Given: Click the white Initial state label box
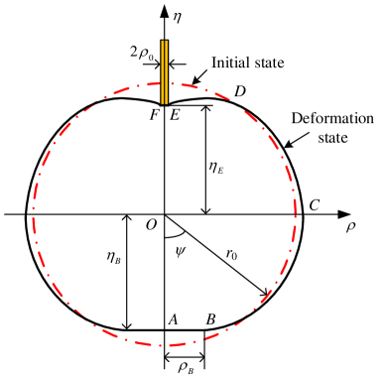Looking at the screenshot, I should pos(248,63).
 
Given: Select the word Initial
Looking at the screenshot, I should pos(230,63).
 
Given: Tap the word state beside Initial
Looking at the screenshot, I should pos(268,63).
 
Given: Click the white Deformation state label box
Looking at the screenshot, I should pos(333,128).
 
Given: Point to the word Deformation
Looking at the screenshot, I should pos(333,119).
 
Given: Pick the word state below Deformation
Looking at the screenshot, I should pos(333,138).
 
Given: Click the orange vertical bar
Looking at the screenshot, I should pos(164,71).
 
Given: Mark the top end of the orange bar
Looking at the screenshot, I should pos(164,42).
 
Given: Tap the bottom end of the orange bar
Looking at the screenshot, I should pos(164,103).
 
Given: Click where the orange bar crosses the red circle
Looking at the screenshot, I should pos(164,84).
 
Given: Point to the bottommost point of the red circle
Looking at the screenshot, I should pos(165,345).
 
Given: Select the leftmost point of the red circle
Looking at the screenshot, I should pos(34,214).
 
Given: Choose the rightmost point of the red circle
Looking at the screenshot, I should pos(295,214).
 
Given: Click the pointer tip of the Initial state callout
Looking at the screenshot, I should pos(204,75).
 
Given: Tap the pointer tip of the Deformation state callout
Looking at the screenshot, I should pos(284,147).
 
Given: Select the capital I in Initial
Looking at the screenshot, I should pos(214,63).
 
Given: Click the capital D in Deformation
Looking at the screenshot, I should pos(296,119).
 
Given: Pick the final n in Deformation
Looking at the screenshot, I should pos(370,119).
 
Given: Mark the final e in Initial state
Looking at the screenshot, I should pos(282,64).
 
